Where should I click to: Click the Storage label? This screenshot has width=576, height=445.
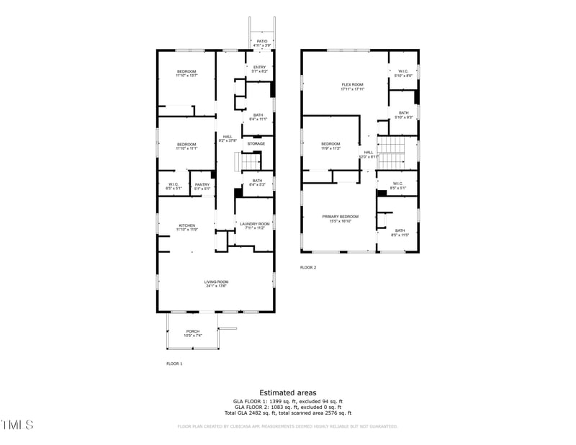tap(256, 143)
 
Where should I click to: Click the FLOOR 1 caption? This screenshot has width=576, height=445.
tap(174, 364)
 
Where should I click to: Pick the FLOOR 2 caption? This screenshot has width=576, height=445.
tap(308, 267)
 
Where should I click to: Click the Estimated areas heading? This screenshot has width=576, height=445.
tap(287, 392)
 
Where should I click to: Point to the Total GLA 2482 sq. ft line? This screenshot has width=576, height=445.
tap(287, 413)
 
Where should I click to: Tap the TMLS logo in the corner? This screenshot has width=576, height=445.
tap(17, 425)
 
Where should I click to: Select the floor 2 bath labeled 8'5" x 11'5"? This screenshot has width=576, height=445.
tap(400, 233)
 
